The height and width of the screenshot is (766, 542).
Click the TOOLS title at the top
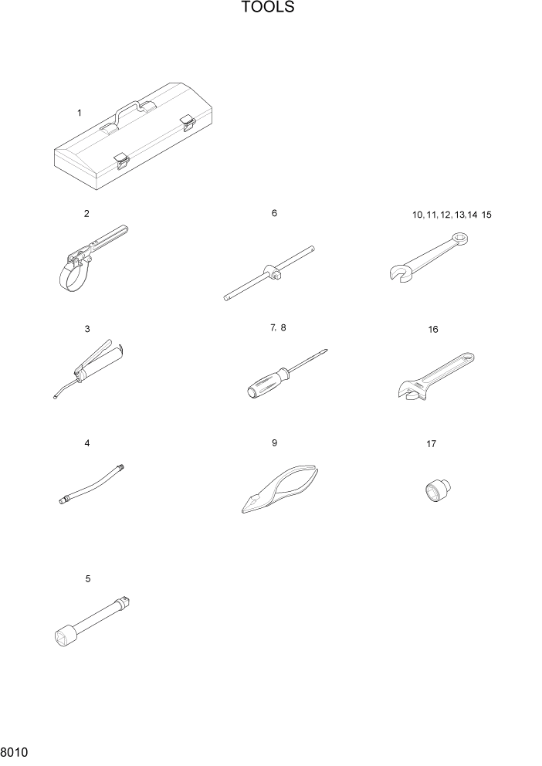[x=267, y=8]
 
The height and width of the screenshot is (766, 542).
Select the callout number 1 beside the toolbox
[x=79, y=113]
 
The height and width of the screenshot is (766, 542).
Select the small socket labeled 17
[x=437, y=490]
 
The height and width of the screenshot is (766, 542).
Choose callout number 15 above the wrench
[x=486, y=215]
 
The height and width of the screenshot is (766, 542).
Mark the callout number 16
[x=433, y=329]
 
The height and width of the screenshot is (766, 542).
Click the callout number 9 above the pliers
[x=274, y=442]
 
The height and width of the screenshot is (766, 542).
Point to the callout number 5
[x=88, y=578]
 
